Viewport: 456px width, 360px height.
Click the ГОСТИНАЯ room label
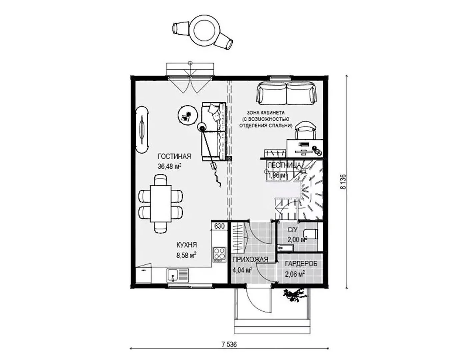[x=174, y=157]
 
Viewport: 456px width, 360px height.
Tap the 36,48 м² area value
[x=170, y=166]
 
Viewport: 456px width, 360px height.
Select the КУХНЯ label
[x=187, y=245]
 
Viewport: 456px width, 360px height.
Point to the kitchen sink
[x=178, y=275]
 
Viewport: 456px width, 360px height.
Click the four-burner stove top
[x=219, y=255]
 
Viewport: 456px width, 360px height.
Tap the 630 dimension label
[x=219, y=226]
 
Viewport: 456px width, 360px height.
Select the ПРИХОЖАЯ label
[x=250, y=260]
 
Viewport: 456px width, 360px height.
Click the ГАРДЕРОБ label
[x=301, y=264]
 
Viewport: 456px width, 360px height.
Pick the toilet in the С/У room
[x=311, y=234]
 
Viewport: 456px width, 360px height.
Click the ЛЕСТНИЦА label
[x=284, y=165]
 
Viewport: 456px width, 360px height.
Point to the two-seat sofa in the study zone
[x=286, y=94]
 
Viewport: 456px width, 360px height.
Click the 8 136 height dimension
[x=343, y=182]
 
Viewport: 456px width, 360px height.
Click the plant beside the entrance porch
[x=295, y=295]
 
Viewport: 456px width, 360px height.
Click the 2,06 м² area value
[x=295, y=274]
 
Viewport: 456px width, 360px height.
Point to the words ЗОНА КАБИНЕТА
[x=266, y=113]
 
